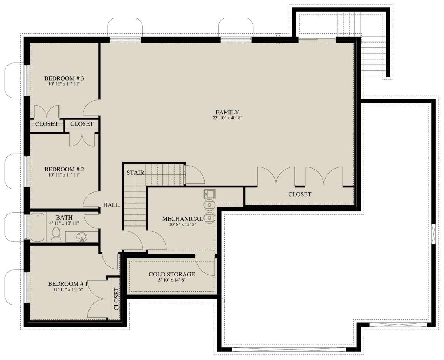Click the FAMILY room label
click(x=227, y=112)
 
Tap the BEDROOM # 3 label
click(x=64, y=78)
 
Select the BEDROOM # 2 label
click(x=64, y=169)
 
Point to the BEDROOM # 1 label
click(x=68, y=284)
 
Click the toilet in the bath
click(x=56, y=234)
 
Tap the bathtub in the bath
click(x=37, y=227)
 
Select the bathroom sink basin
click(x=82, y=237)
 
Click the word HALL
click(x=111, y=205)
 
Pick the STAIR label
click(x=135, y=173)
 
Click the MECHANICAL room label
click(x=182, y=219)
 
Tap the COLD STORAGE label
click(x=172, y=274)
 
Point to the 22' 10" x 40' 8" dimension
click(x=227, y=118)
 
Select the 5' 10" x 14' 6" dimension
click(x=172, y=280)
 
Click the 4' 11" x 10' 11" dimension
click(x=64, y=223)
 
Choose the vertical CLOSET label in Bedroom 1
click(x=117, y=299)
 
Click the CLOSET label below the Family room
click(x=300, y=194)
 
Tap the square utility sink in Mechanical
click(x=210, y=194)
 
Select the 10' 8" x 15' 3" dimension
click(x=183, y=224)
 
